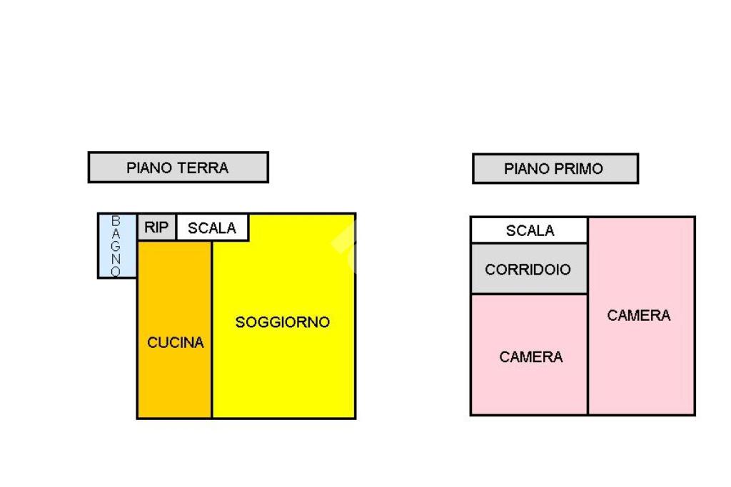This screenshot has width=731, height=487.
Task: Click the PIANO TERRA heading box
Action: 178,168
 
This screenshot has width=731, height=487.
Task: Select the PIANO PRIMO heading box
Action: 555,169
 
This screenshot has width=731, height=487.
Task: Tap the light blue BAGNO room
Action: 117,246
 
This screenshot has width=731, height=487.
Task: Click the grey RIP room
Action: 156,227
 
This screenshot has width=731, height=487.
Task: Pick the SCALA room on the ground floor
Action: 212,228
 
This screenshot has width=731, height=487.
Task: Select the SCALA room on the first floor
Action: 529,230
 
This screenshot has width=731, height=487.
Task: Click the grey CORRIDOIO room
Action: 528,269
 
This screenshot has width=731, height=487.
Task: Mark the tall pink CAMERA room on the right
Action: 641,357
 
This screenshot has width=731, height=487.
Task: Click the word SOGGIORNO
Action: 283,322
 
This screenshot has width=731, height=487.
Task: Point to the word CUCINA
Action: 176,343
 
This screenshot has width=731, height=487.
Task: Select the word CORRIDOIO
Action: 528,270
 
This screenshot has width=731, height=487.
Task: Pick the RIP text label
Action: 156,228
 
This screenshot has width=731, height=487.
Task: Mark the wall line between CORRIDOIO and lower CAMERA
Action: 528,294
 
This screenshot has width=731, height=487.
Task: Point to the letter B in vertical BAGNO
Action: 116,220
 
